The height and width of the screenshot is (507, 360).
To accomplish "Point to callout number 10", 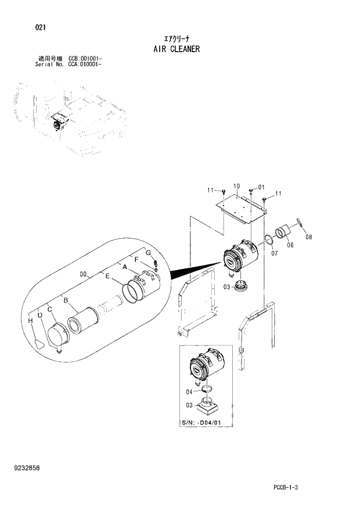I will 236,186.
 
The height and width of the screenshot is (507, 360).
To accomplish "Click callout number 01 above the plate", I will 261,187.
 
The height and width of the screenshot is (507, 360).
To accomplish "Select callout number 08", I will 308,237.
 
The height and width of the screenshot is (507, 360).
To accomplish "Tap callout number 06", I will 290,245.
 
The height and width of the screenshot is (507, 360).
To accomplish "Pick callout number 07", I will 274,253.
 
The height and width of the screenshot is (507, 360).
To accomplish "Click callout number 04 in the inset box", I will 189,391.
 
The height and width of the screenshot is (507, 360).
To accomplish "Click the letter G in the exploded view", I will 148,253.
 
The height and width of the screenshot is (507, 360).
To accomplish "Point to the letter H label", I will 30,321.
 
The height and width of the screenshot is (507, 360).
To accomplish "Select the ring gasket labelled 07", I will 269,240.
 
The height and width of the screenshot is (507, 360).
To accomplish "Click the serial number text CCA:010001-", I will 85,65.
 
